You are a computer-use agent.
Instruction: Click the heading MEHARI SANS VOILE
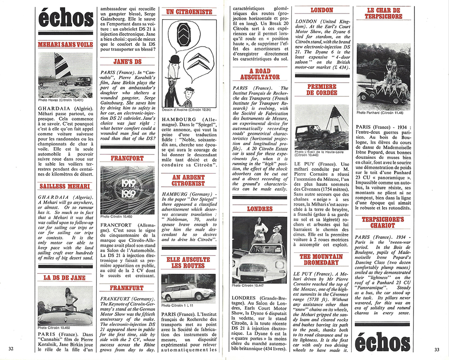pyautogui.click(x=66, y=45)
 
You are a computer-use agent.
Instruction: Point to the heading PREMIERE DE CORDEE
pyautogui.click(x=321, y=90)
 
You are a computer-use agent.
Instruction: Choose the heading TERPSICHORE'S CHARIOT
pyautogui.click(x=383, y=223)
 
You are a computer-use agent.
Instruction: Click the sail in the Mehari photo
pyautogui.click(x=62, y=66)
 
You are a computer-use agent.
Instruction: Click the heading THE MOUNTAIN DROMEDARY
pyautogui.click(x=321, y=259)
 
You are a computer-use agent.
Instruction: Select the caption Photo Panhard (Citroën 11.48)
pyautogui.click(x=380, y=113)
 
